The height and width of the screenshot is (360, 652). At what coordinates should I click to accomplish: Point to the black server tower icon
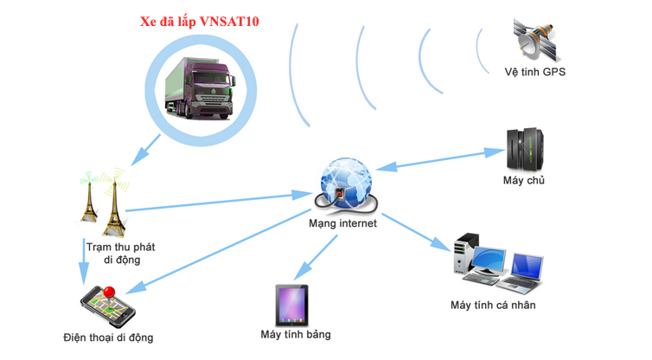(524, 149)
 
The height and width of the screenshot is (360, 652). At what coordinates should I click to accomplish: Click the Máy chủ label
(523, 181)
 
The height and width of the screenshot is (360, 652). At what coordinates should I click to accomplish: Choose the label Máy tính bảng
(295, 334)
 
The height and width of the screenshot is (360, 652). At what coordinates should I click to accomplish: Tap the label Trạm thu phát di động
(113, 253)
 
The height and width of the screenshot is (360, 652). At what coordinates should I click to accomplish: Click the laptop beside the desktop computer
(525, 271)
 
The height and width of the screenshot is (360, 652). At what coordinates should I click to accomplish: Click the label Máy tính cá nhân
(493, 305)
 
